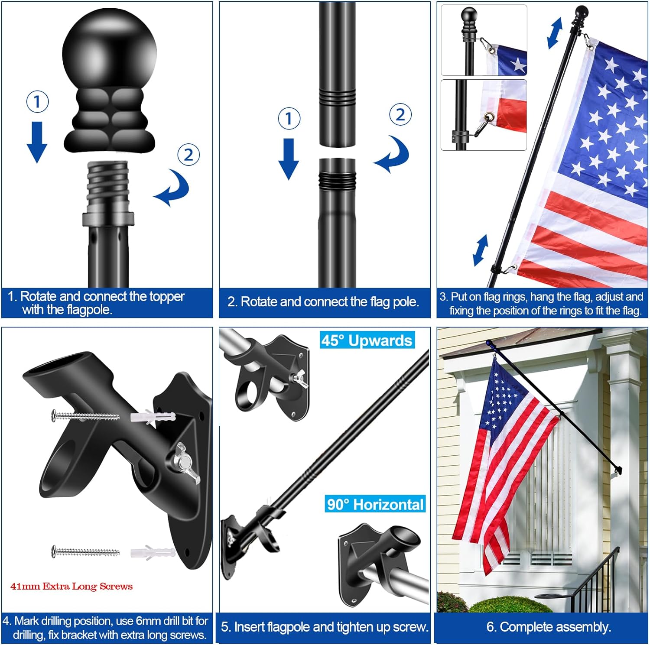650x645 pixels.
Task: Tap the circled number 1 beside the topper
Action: point(37,102)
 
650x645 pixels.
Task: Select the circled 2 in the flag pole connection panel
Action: point(400,115)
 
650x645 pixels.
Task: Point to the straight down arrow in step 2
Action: point(289,158)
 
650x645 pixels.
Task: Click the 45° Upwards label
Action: point(367,340)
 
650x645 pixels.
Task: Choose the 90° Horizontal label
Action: point(375,504)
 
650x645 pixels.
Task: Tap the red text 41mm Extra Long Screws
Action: point(71,586)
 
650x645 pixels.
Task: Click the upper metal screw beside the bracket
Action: point(85,416)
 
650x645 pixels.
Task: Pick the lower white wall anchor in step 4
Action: point(153,553)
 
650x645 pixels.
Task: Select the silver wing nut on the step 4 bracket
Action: point(186,462)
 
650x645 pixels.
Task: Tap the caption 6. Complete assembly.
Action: point(549,627)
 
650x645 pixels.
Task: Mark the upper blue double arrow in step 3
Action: point(555,33)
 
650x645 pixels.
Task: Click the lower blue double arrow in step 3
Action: point(481,250)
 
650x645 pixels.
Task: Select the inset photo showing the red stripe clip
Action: point(484,115)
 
